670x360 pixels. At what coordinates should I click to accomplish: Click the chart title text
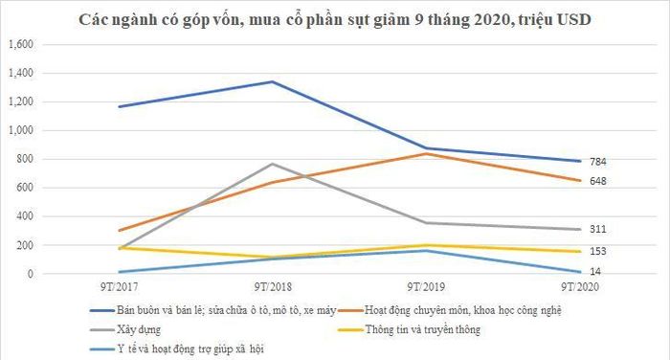pyautogui.click(x=335, y=20)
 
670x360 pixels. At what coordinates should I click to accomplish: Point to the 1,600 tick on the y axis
pyautogui.click(x=21, y=44)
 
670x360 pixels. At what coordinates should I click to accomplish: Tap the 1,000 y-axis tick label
pyautogui.click(x=21, y=130)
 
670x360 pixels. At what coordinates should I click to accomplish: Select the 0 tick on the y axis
pyautogui.click(x=30, y=274)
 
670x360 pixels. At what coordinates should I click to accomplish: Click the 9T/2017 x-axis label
pyautogui.click(x=120, y=287)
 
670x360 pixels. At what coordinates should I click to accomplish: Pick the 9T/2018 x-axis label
pyautogui.click(x=273, y=287)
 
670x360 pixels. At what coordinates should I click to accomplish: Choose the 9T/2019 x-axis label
pyautogui.click(x=426, y=287)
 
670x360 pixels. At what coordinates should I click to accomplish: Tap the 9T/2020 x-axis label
pyautogui.click(x=580, y=287)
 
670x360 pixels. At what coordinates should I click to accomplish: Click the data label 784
pyautogui.click(x=598, y=162)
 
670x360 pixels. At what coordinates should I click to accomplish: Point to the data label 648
pyautogui.click(x=598, y=181)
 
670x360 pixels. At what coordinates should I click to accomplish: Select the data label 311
pyautogui.click(x=598, y=229)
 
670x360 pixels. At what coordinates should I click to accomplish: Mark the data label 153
pyautogui.click(x=598, y=252)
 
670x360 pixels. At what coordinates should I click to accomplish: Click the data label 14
pyautogui.click(x=595, y=272)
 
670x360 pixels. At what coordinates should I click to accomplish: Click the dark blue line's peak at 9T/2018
pyautogui.click(x=273, y=81)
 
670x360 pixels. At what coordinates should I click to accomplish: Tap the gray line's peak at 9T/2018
pyautogui.click(x=273, y=164)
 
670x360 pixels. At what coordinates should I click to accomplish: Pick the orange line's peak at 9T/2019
pyautogui.click(x=426, y=153)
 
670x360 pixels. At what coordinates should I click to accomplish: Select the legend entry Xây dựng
pyautogui.click(x=125, y=329)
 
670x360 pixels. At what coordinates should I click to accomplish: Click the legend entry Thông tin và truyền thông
pyautogui.click(x=410, y=329)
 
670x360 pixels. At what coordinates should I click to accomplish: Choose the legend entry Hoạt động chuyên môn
pyautogui.click(x=450, y=310)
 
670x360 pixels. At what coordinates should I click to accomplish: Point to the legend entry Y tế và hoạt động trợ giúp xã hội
pyautogui.click(x=177, y=349)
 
